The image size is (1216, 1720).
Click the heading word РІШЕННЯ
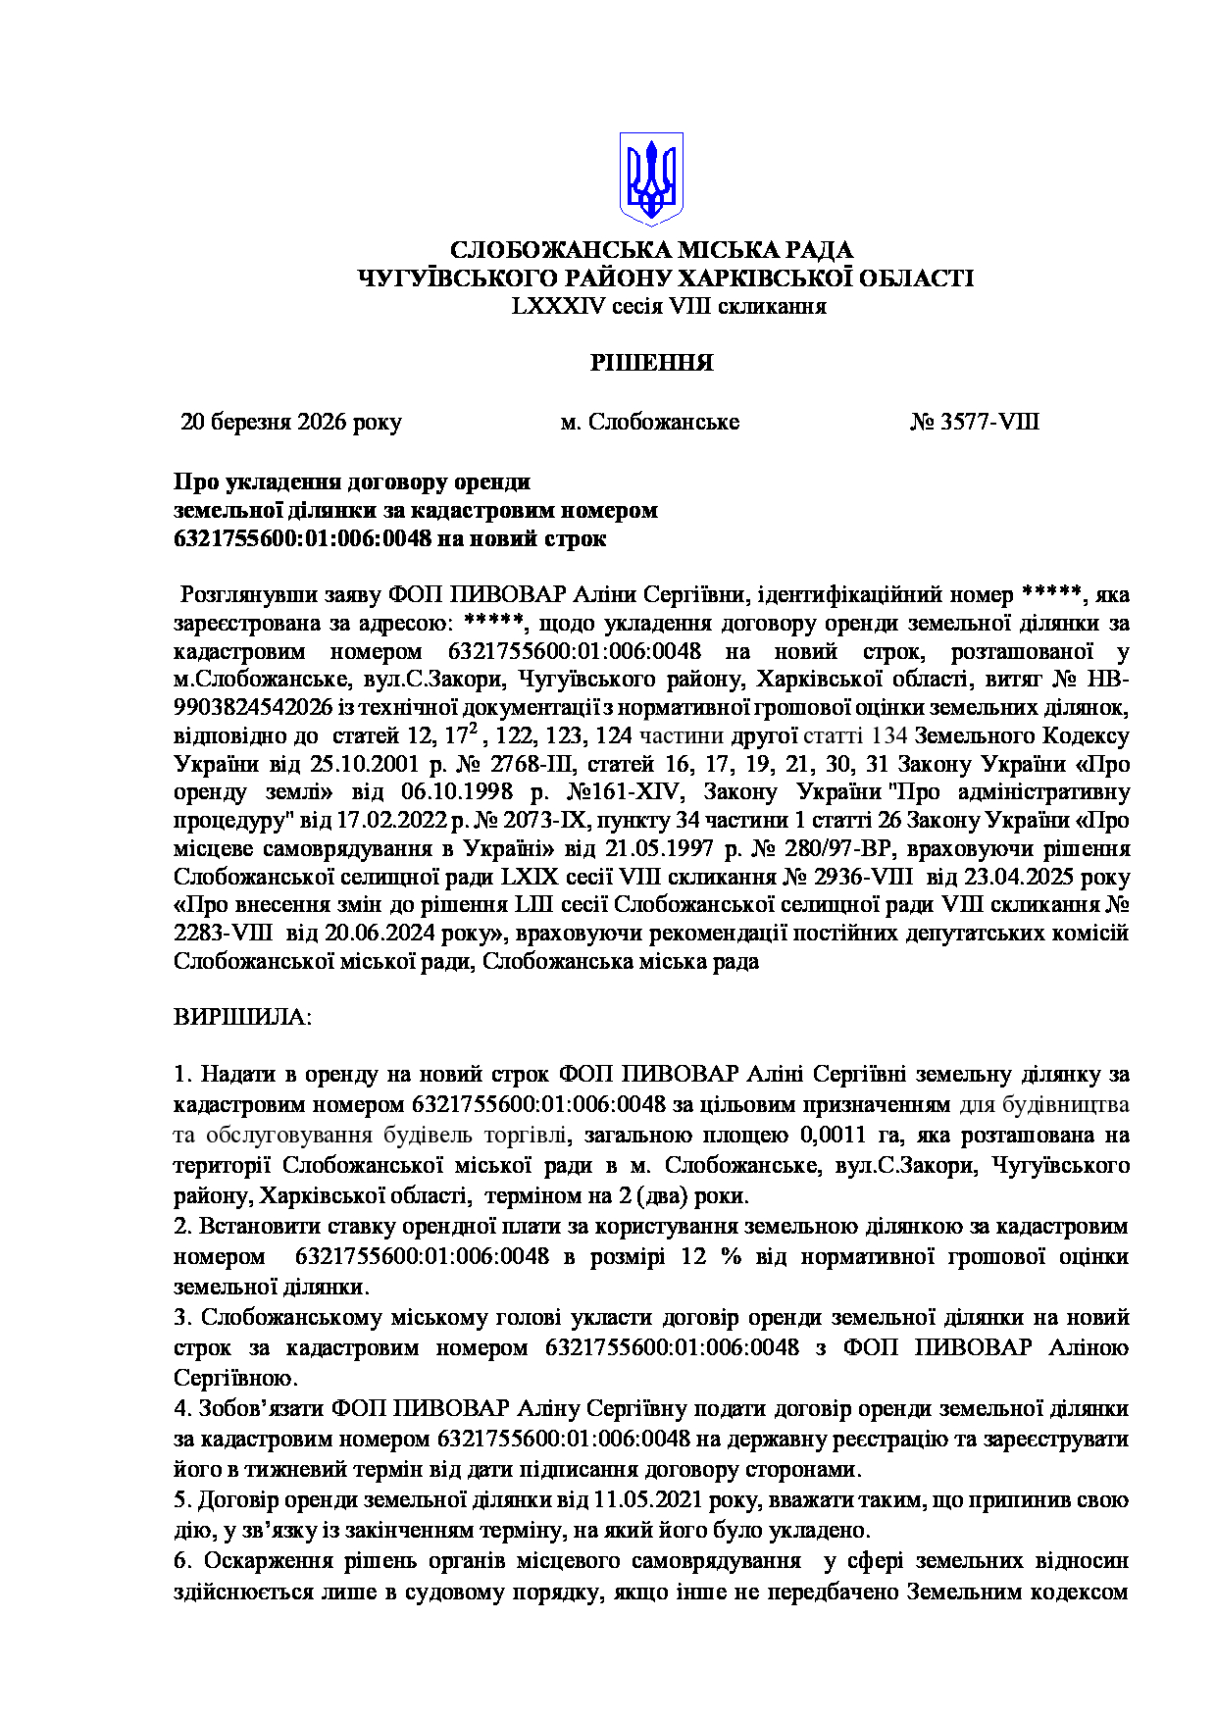(651, 364)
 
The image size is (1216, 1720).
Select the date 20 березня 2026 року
(291, 423)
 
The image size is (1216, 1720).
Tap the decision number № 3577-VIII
(975, 423)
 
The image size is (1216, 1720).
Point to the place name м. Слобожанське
(649, 423)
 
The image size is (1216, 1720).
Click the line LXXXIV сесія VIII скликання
(668, 307)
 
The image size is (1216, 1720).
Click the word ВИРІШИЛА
(241, 1016)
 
